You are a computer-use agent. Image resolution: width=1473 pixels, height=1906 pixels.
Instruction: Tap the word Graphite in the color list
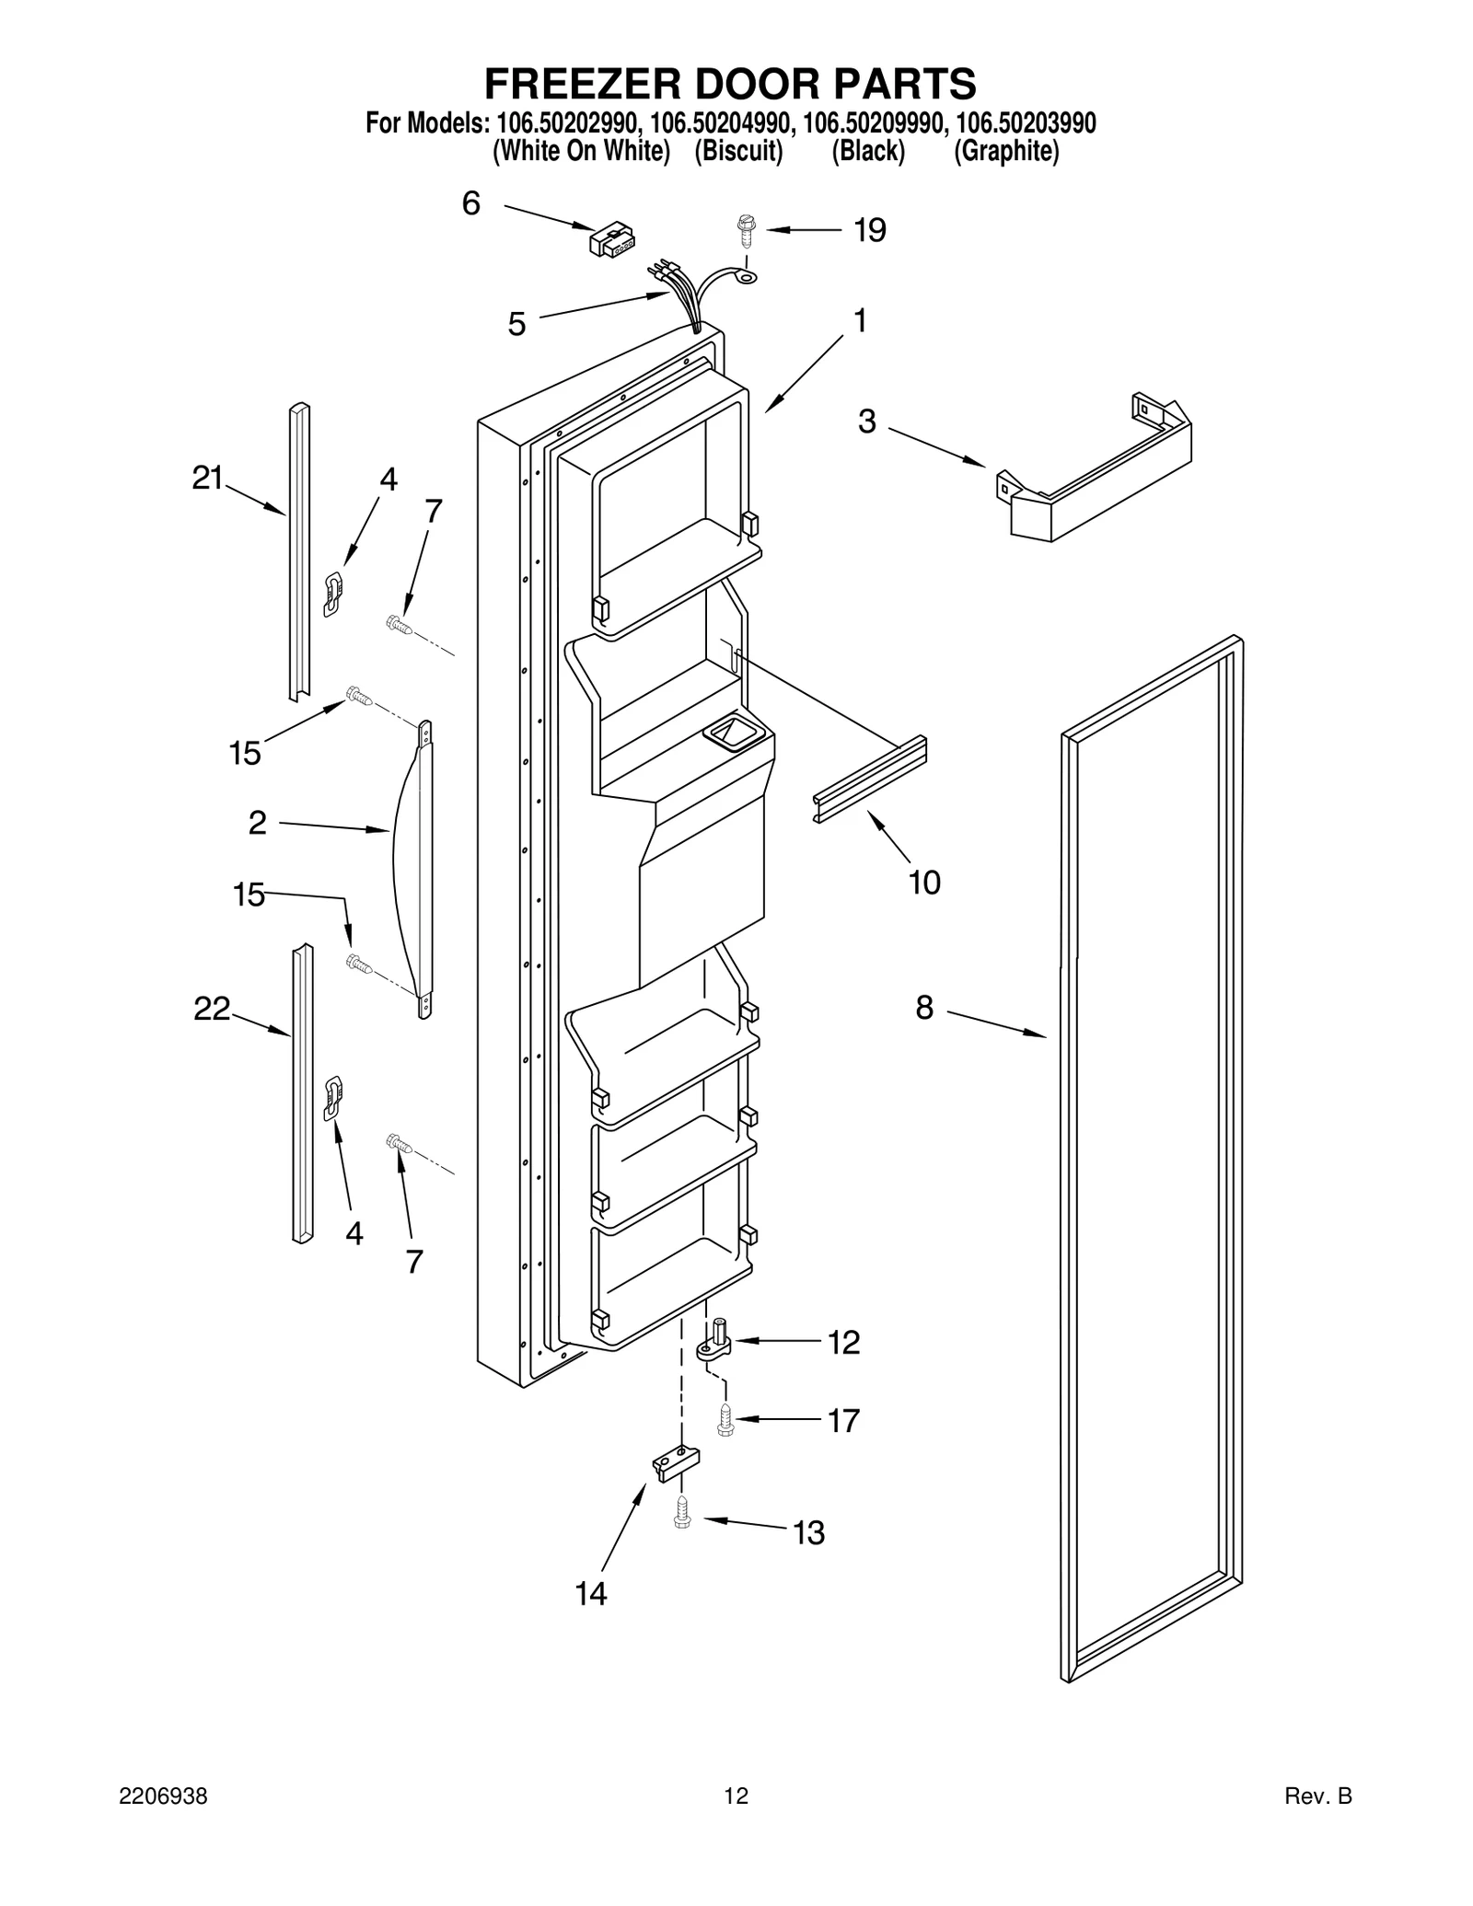(1006, 152)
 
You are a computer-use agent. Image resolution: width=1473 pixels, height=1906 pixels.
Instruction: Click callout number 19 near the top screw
(869, 230)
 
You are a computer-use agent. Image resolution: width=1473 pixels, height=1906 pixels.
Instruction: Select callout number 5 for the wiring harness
(517, 324)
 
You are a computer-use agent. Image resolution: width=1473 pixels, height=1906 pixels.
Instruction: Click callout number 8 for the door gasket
(924, 1008)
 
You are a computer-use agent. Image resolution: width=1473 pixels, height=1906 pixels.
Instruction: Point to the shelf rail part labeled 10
(869, 779)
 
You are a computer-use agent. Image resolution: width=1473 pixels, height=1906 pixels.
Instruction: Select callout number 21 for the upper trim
(208, 478)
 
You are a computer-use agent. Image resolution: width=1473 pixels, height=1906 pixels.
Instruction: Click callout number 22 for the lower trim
(211, 1010)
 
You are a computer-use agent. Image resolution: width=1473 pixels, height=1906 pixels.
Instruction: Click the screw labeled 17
(725, 1421)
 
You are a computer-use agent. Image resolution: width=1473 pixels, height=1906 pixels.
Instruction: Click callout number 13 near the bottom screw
(808, 1532)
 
